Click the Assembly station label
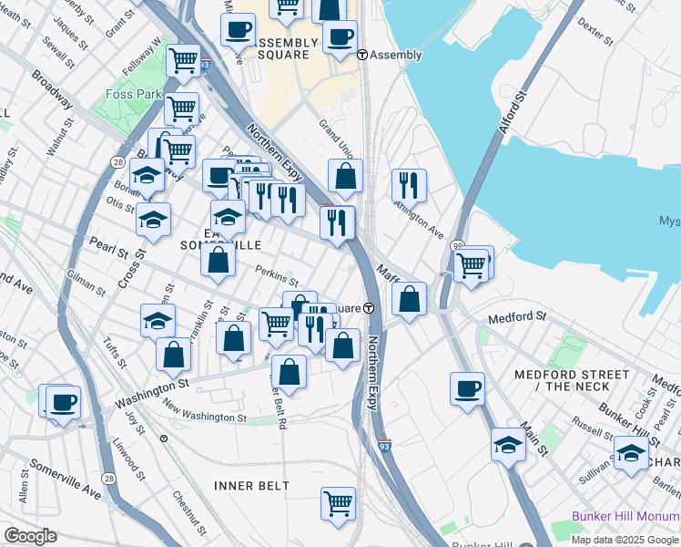(396, 55)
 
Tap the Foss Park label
(132, 94)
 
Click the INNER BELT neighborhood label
(251, 485)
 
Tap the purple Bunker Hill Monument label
(625, 516)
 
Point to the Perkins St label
(277, 274)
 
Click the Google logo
(30, 536)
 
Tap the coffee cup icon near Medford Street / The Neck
(468, 387)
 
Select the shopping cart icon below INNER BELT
(338, 502)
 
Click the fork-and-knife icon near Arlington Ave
(409, 185)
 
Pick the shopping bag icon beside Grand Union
(346, 176)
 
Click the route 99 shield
(458, 247)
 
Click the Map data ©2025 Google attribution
(625, 539)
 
